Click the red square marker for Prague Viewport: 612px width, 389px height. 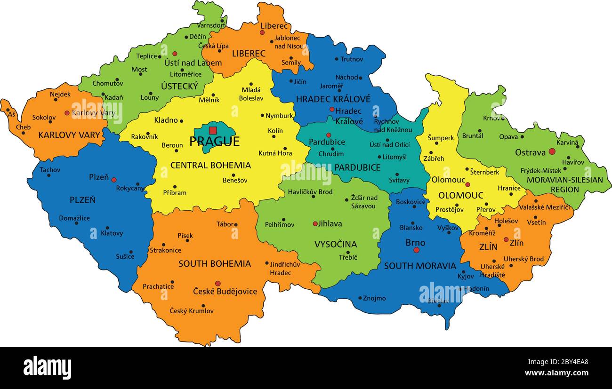[213, 130]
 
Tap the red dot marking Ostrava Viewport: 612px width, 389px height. [552, 151]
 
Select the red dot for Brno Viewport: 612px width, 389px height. [416, 250]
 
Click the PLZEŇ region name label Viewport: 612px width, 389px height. [82, 200]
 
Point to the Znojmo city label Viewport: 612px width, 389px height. [375, 298]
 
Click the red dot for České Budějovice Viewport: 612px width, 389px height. [217, 284]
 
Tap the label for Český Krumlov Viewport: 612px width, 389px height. [192, 311]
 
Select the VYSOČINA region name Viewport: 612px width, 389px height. [336, 244]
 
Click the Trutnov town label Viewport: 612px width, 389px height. [352, 59]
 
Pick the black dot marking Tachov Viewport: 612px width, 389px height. [48, 175]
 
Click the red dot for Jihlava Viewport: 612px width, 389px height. [315, 224]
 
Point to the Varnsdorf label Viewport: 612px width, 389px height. [211, 25]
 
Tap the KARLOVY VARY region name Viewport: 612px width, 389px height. [69, 135]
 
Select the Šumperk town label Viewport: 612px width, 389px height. [441, 138]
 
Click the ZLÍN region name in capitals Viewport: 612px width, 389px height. [488, 247]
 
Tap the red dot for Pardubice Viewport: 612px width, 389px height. [329, 135]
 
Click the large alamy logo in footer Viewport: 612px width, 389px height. [47, 368]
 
